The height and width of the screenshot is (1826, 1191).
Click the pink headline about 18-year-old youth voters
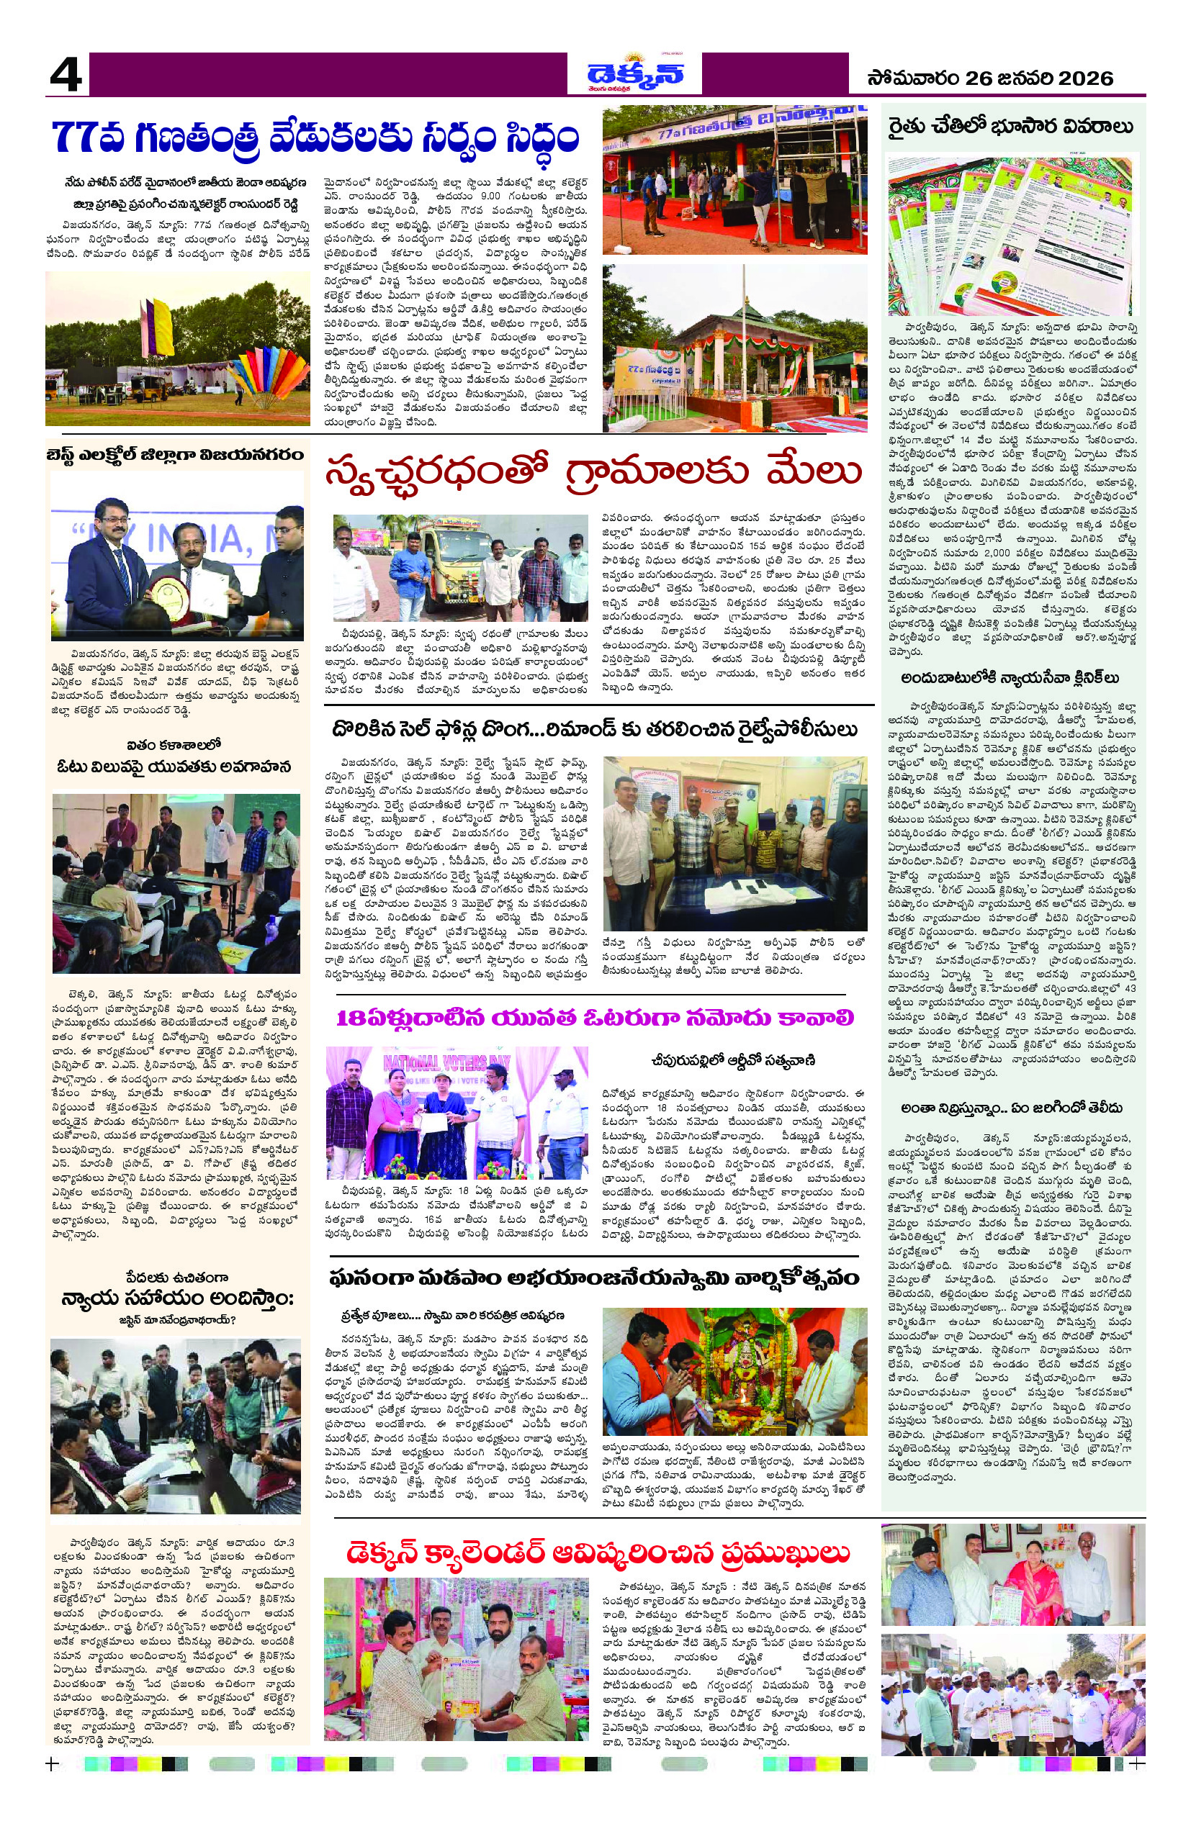pos(595,1018)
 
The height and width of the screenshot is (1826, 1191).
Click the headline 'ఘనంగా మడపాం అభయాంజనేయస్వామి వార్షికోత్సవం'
pos(595,1278)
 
